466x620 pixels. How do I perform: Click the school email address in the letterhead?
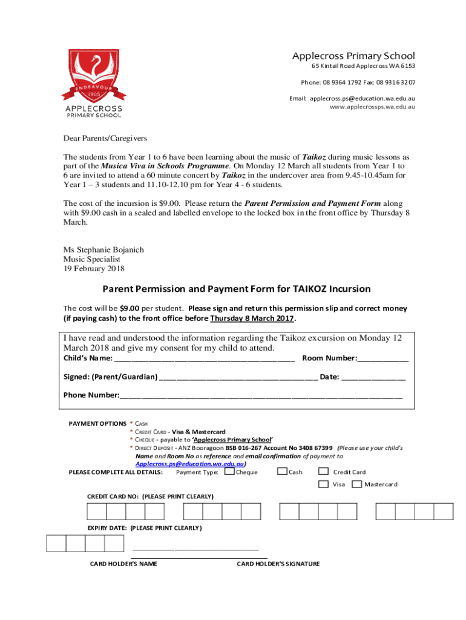(x=363, y=97)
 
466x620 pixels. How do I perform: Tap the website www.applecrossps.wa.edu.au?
(x=372, y=107)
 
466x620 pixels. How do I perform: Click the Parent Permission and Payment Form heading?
(x=237, y=289)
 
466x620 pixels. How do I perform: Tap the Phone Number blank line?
(x=261, y=396)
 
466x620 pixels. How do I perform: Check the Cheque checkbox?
(x=229, y=472)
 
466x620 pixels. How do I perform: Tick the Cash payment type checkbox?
(x=283, y=472)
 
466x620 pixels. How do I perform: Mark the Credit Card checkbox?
(x=324, y=472)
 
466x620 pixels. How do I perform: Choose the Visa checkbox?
(x=324, y=484)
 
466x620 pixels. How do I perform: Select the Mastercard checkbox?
(x=356, y=484)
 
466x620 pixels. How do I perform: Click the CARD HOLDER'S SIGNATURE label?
(x=278, y=564)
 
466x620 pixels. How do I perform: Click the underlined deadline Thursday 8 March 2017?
(x=252, y=318)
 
